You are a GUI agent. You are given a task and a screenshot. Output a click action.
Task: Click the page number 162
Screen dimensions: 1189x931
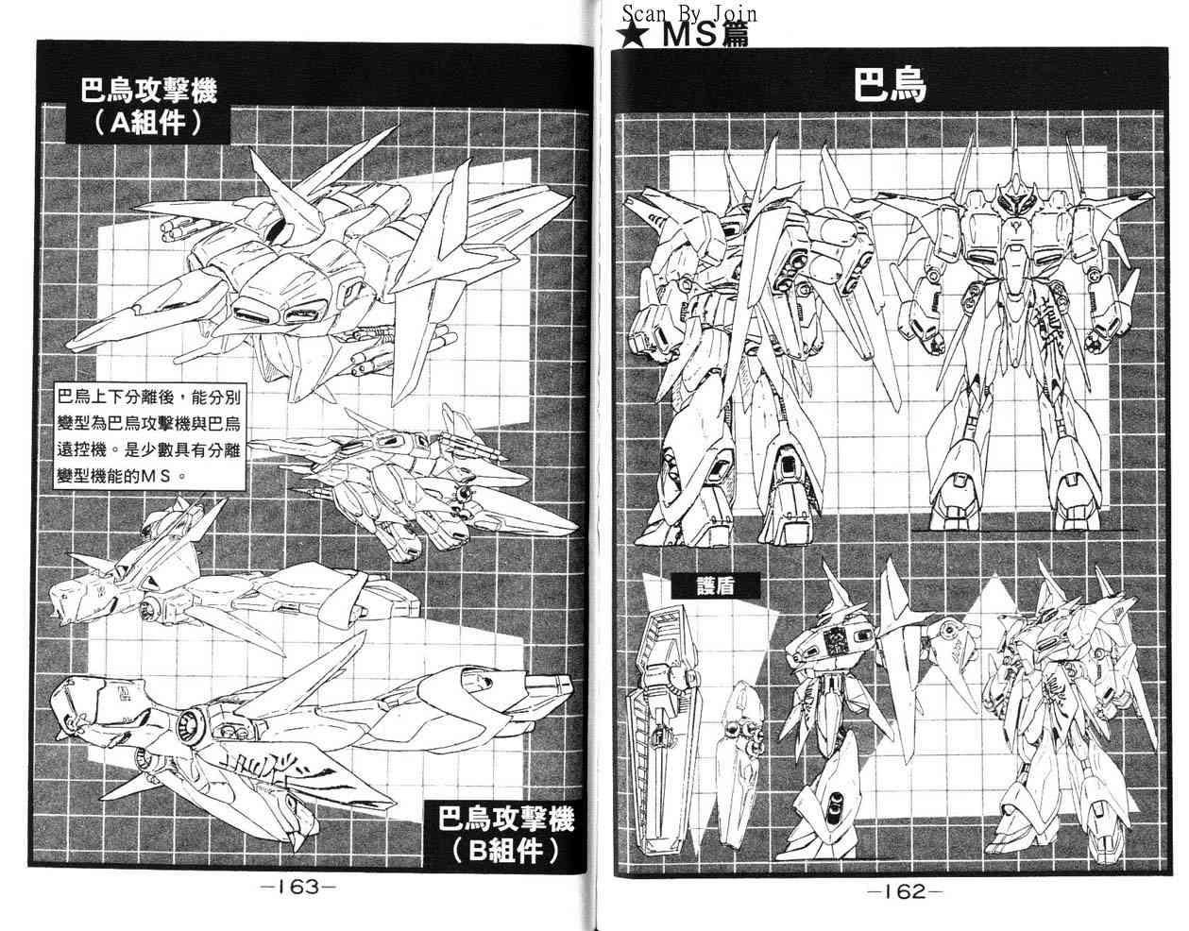click(x=905, y=891)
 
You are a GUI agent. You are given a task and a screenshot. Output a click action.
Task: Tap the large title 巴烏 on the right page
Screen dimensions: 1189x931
click(x=891, y=85)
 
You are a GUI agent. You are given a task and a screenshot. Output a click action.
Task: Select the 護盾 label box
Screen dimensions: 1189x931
click(x=715, y=585)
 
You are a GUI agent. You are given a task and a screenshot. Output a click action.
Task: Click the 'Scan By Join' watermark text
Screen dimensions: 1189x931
click(x=689, y=13)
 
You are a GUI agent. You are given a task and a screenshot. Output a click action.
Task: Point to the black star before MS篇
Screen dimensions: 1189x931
click(x=635, y=35)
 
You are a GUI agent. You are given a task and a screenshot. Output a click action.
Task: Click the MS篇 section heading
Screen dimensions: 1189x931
click(x=705, y=34)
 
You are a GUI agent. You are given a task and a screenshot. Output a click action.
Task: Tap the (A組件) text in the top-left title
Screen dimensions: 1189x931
click(x=147, y=124)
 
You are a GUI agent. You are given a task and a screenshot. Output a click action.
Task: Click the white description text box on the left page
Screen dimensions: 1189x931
click(x=151, y=436)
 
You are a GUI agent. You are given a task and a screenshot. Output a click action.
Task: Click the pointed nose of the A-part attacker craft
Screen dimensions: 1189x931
click(x=74, y=345)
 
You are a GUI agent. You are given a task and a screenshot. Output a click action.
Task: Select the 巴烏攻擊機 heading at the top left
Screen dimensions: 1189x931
click(x=149, y=89)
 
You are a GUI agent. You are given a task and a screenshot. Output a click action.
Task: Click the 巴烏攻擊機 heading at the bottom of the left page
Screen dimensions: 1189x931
click(x=506, y=819)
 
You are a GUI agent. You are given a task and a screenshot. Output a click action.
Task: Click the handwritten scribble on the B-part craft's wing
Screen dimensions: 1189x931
click(x=265, y=766)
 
